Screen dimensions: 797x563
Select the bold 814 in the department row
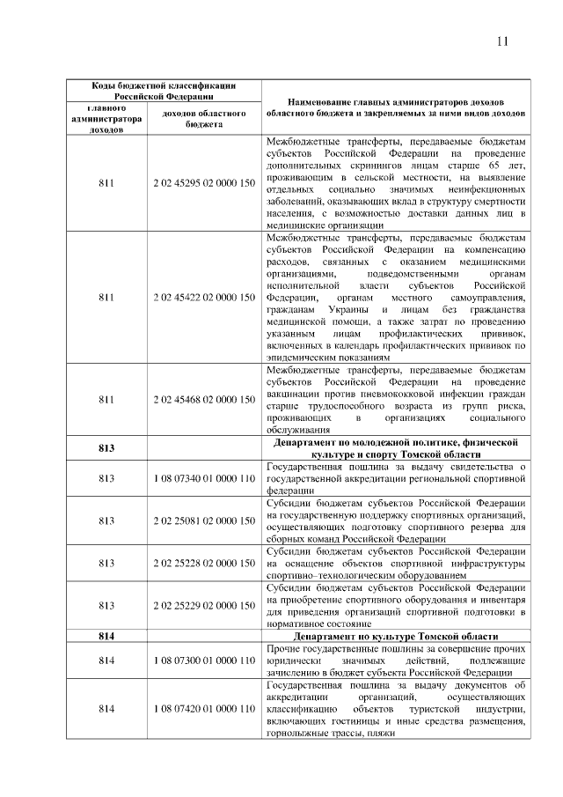(106, 636)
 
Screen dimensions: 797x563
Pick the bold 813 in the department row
(106, 447)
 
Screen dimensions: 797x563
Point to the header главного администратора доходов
(106, 118)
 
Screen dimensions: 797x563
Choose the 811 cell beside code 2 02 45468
(106, 399)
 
